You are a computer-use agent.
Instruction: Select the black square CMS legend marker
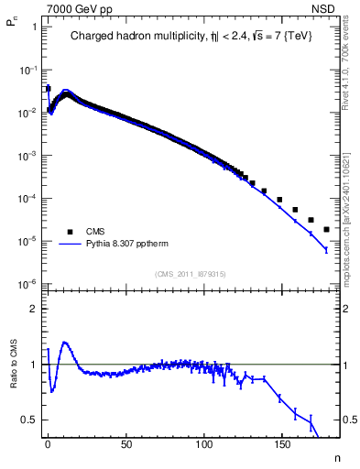tap(66, 232)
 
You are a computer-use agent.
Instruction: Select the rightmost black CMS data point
tap(326, 229)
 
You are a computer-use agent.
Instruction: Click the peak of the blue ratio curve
tap(64, 343)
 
